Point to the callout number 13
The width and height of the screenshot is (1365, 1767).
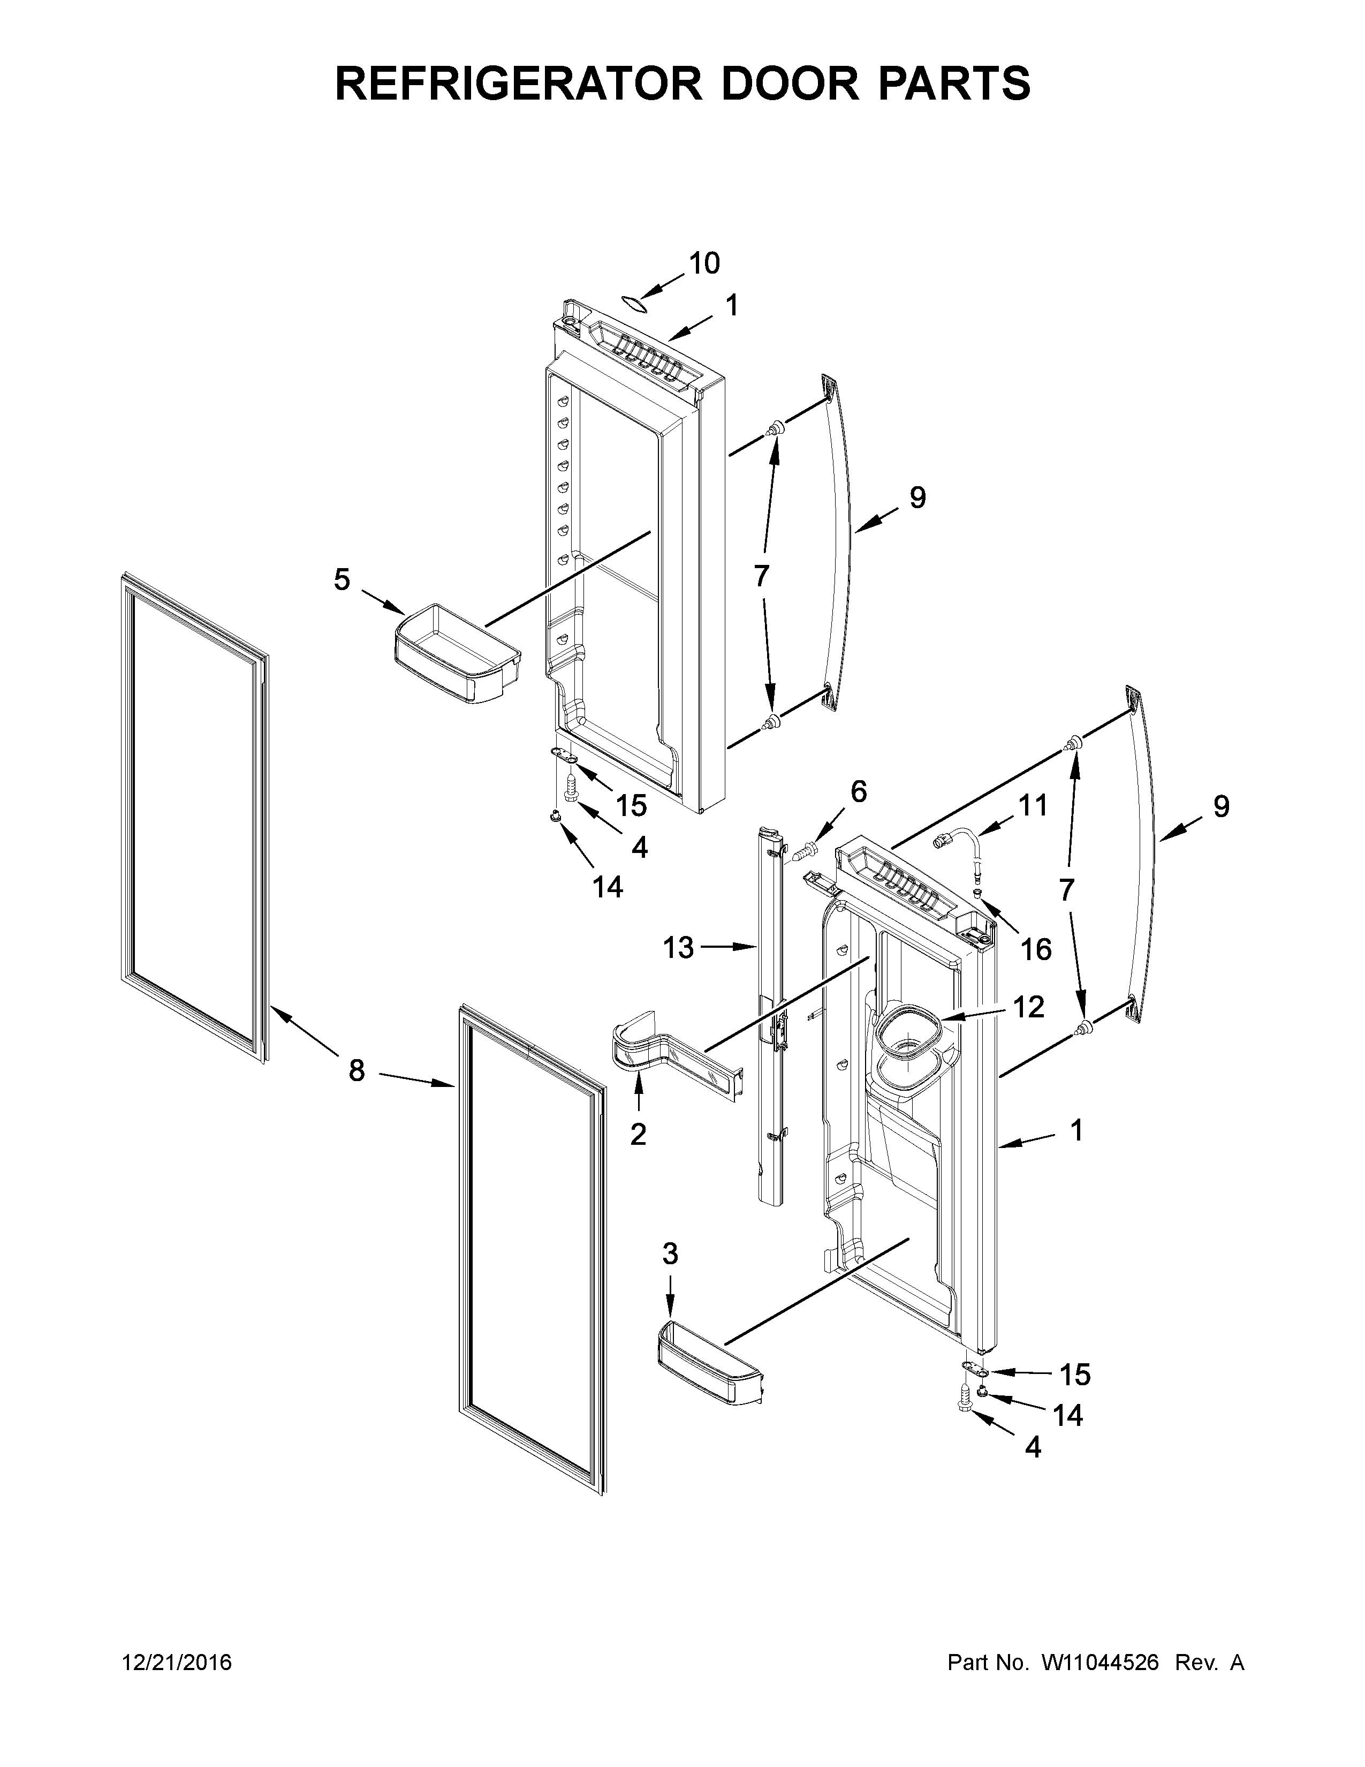(x=678, y=947)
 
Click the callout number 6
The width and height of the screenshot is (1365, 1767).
(x=858, y=791)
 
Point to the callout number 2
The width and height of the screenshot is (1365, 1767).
(x=638, y=1135)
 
